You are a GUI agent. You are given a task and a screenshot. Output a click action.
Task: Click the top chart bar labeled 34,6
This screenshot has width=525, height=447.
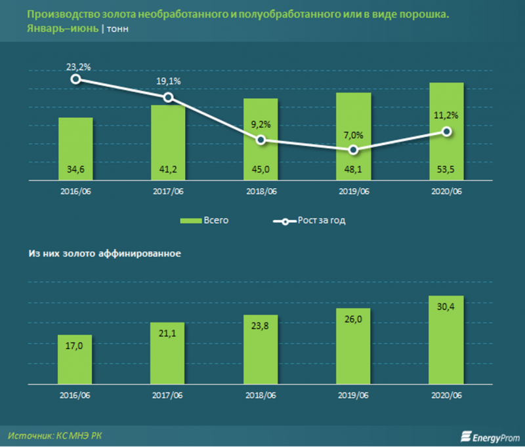[x=75, y=149]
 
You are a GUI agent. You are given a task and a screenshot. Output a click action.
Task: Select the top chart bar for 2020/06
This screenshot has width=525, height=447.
[x=446, y=131]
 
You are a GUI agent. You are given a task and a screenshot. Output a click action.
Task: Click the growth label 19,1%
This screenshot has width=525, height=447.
[x=169, y=81]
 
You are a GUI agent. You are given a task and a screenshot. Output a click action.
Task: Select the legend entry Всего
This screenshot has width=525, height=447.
[x=206, y=221]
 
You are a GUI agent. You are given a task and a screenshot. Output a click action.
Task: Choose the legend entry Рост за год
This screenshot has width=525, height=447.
[x=309, y=221]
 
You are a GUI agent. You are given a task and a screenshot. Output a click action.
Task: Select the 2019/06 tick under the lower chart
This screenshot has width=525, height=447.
[x=354, y=397]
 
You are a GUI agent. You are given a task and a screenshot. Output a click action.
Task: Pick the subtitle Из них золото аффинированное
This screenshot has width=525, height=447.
[x=104, y=253]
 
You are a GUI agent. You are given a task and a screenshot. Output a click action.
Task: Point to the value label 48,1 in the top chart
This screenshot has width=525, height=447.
[x=354, y=170]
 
